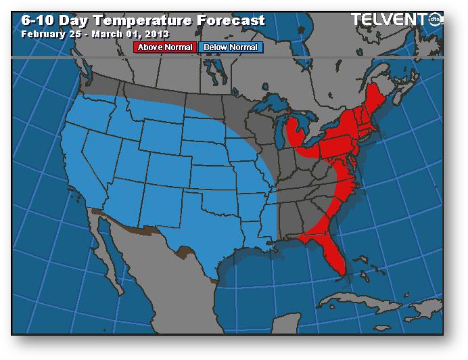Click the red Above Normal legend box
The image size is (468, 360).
coord(166,47)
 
